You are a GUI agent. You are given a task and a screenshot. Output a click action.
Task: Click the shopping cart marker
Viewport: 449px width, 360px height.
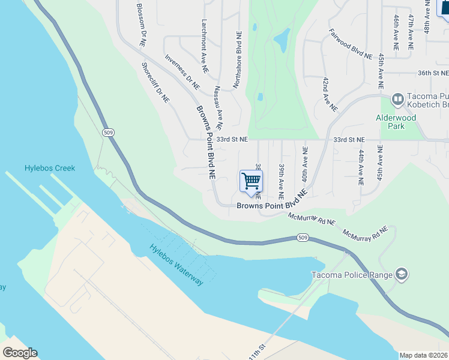point(251,181)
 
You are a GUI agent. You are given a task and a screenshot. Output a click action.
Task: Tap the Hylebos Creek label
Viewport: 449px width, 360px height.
point(50,168)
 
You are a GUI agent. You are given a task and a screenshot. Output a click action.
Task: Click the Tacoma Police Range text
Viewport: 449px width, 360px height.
point(351,275)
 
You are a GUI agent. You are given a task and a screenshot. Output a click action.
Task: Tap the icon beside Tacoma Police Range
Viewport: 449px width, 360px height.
point(401,275)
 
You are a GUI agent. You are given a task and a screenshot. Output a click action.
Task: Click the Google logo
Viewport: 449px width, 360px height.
point(20,352)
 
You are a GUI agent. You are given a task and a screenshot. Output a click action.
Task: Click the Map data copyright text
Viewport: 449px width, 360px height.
point(424,355)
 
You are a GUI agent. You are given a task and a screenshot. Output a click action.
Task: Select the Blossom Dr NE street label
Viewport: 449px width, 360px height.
point(142,25)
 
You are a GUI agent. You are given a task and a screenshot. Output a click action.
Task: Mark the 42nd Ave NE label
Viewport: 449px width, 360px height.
point(330,94)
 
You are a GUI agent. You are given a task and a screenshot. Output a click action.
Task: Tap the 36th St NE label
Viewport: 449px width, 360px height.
point(433,73)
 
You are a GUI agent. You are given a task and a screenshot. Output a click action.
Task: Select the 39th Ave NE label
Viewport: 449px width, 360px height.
point(281,181)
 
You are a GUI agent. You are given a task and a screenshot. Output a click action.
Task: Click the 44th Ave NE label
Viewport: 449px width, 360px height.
point(361,168)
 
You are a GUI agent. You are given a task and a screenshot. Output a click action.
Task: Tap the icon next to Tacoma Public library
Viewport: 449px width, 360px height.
point(397,98)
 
